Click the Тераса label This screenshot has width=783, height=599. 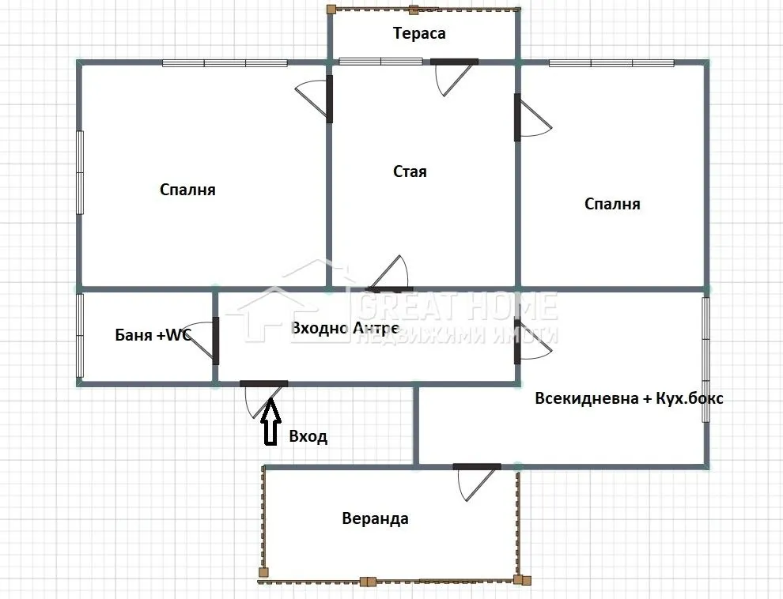419,33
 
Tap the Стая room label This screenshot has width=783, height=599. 410,171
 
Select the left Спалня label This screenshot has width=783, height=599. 187,190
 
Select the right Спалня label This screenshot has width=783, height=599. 612,204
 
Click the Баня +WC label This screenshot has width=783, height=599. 153,335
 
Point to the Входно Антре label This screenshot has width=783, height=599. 344,328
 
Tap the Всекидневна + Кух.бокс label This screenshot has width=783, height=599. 629,398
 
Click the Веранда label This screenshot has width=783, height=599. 375,518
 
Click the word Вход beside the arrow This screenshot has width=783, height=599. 308,436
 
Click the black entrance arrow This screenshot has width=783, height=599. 270,423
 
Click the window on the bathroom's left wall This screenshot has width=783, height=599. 79,335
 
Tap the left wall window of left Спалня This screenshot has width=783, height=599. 79,171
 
